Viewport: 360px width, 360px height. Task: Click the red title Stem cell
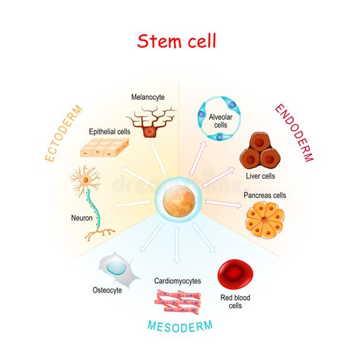[x=177, y=41]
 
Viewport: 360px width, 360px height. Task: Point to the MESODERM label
[x=179, y=325]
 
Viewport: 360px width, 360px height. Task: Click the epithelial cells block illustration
[x=104, y=146]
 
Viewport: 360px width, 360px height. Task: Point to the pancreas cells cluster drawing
[x=264, y=221]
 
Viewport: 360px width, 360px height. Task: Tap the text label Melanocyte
[x=148, y=97]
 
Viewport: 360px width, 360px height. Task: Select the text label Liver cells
[x=257, y=177]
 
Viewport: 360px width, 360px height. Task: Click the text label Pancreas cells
[x=264, y=195]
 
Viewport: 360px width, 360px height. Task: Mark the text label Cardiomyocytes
[x=177, y=281]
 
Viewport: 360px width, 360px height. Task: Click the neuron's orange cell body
[x=84, y=182]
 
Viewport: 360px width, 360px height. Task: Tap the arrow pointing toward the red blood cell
[x=204, y=240]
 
